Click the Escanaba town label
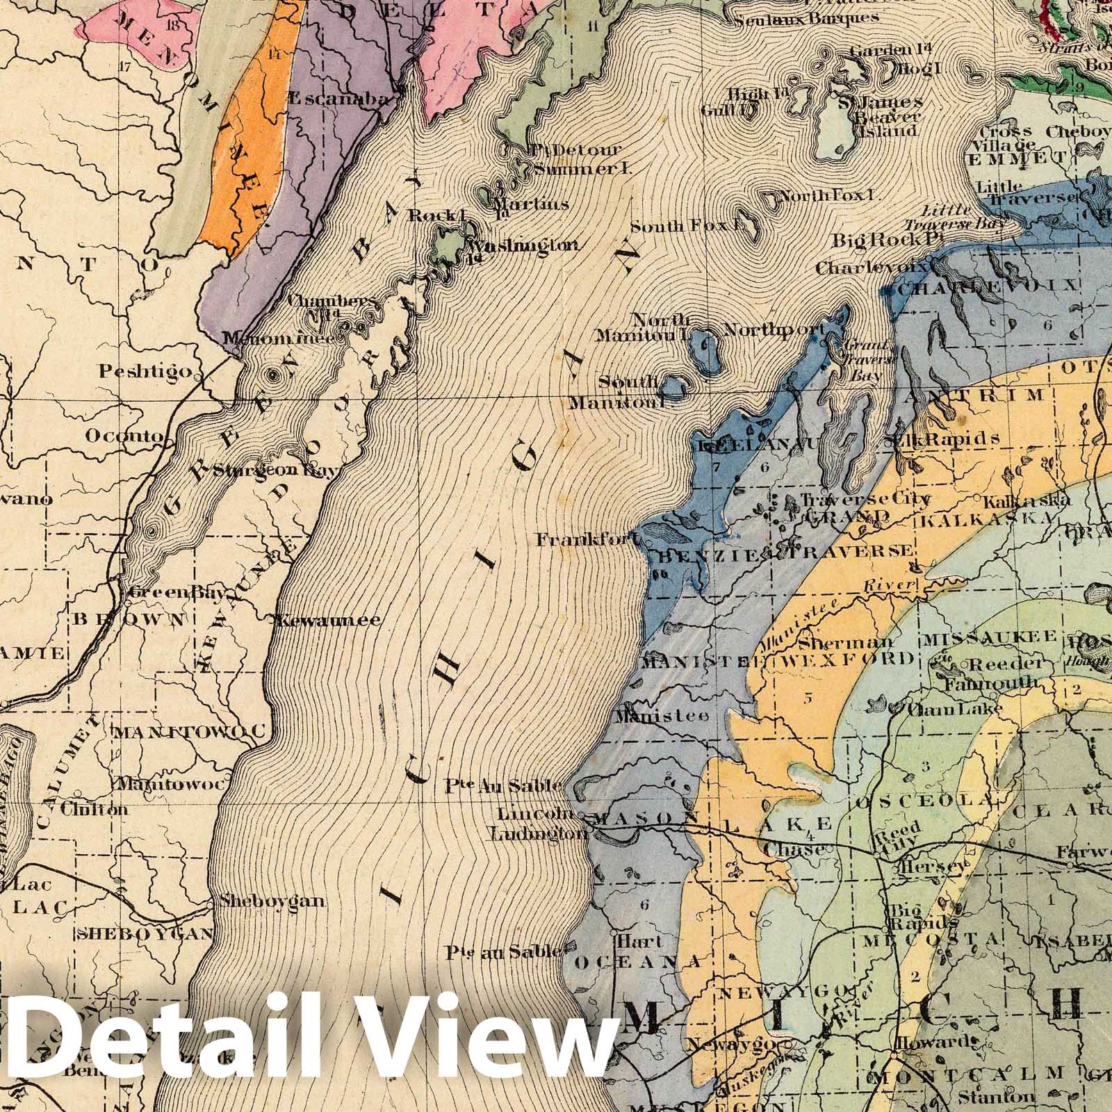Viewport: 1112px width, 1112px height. [337, 99]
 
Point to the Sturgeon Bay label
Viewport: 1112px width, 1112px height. [275, 470]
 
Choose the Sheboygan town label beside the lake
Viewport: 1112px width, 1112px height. [271, 901]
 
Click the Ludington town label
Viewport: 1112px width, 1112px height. [534, 834]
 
